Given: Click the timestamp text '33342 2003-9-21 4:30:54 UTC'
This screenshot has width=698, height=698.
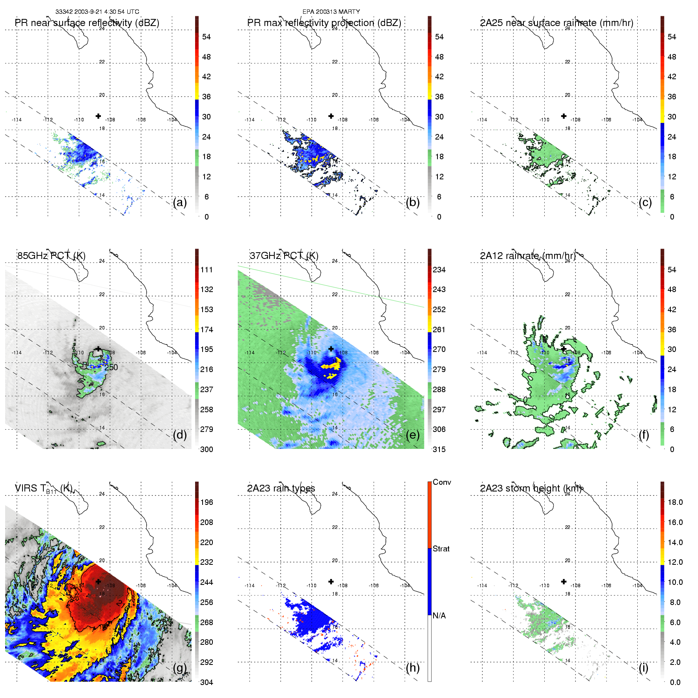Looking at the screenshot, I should [x=97, y=12].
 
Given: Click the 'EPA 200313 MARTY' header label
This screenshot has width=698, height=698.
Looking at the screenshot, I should [x=331, y=12].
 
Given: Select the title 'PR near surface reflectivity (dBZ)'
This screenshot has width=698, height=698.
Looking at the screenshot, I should [x=87, y=23].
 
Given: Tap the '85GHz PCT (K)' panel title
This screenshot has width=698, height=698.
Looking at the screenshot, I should [x=51, y=256].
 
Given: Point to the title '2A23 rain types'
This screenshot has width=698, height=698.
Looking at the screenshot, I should [x=281, y=488].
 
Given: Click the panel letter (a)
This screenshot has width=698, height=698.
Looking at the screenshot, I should [x=180, y=203].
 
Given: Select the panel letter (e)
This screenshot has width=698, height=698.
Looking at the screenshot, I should [x=413, y=435].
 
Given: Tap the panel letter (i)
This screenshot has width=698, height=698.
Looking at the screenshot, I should [x=643, y=668].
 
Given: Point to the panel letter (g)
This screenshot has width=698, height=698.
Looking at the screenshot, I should [x=180, y=668].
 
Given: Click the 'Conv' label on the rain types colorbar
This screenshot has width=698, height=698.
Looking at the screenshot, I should [x=442, y=482].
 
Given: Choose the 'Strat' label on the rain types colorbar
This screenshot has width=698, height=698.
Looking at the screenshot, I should [x=441, y=549].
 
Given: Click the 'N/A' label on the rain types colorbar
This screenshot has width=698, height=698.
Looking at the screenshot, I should [x=439, y=616].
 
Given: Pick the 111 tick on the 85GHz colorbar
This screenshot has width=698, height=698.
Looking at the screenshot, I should [x=207, y=270].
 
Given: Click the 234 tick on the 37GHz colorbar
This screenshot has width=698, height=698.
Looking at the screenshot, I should [x=439, y=270].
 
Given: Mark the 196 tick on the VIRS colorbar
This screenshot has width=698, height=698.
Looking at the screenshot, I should [x=207, y=502].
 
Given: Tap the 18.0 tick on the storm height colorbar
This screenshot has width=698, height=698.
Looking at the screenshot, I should [x=675, y=502].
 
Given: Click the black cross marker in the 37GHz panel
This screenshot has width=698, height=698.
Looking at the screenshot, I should [x=331, y=349].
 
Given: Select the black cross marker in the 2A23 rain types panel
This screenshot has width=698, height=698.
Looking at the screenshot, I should [x=331, y=581].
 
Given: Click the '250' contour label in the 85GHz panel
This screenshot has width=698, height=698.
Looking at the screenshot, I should [x=111, y=367].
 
